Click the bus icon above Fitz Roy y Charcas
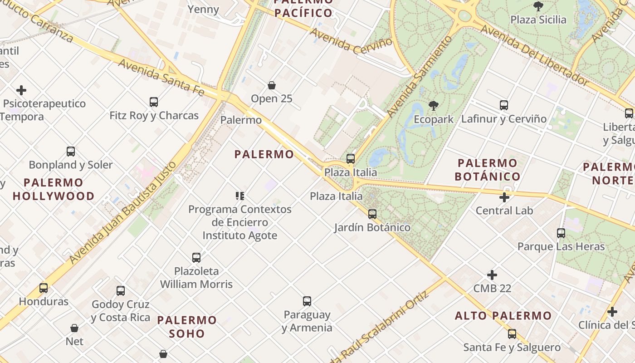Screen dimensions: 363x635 tap(154, 102)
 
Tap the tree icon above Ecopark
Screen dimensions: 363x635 tap(433, 106)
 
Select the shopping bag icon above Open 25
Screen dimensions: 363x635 tap(272, 85)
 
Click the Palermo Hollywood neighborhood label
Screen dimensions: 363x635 tap(54, 189)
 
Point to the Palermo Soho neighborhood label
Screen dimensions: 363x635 tap(187, 327)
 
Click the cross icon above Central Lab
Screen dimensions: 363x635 tap(504, 197)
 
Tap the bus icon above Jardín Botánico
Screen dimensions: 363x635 tap(372, 214)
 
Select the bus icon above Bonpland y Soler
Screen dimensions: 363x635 tap(71, 152)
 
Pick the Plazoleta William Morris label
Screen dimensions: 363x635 tap(196, 278)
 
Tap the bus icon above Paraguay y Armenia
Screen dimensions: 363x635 tap(307, 301)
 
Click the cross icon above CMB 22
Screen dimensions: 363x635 tap(492, 275)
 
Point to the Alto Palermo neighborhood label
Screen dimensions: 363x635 tap(503, 315)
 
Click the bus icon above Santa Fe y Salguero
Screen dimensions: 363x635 tap(512, 334)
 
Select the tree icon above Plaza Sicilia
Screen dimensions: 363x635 tap(538, 6)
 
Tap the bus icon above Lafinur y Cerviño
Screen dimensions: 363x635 tap(504, 105)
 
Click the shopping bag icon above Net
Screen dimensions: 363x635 tap(74, 328)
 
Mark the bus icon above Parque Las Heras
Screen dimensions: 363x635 tap(561, 233)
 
